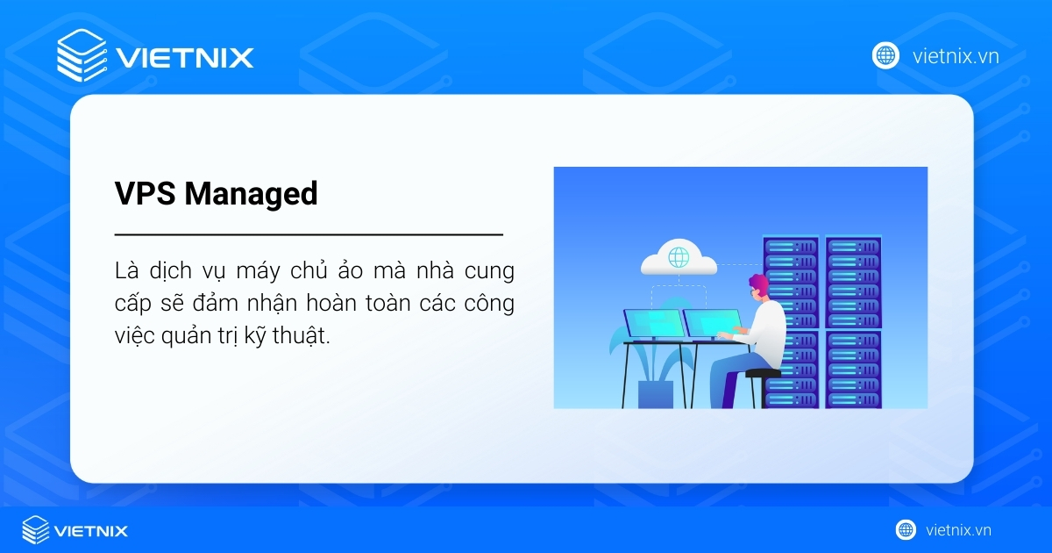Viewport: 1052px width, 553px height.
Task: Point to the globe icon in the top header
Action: coord(885,55)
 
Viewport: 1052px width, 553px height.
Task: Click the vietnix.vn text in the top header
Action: coord(956,56)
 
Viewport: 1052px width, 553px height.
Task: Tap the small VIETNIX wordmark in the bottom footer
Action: coord(91,530)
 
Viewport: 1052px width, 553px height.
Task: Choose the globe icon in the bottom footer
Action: coord(906,529)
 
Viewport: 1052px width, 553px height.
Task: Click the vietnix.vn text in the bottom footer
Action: coord(958,530)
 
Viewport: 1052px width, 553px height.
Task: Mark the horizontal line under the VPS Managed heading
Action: coord(309,234)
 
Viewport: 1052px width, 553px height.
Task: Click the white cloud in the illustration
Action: coord(678,258)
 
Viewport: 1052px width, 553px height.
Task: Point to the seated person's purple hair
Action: coord(758,284)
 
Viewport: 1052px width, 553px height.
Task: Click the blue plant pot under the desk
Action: coord(656,393)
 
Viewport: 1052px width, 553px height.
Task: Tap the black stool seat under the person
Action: coord(762,373)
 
